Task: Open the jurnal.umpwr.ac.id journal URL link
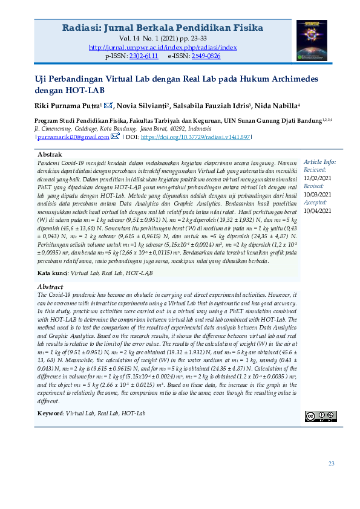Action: click(163, 47)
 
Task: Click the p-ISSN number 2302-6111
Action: click(143, 55)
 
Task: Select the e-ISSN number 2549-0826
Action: click(206, 55)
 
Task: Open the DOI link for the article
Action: click(195, 137)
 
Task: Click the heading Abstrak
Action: click(50, 155)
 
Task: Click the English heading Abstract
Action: click(51, 286)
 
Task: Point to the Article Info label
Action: click(319, 163)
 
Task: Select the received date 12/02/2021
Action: click(318, 178)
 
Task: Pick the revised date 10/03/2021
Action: click(318, 195)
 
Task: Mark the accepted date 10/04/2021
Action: click(318, 211)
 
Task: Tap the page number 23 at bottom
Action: click(331, 464)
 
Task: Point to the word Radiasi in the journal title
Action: click(82, 28)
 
